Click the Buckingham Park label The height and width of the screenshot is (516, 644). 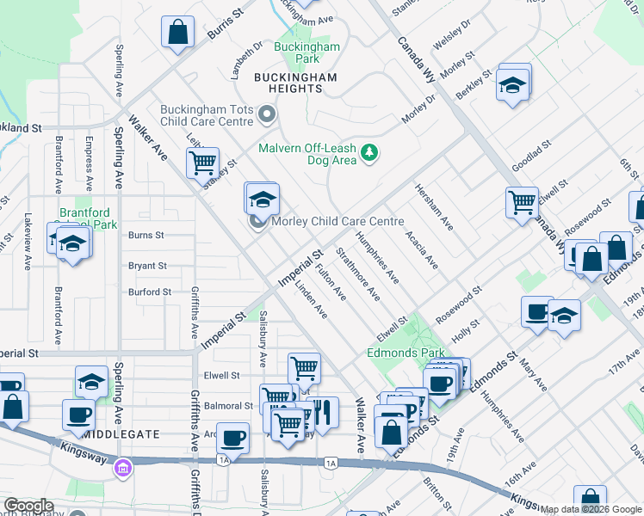[296, 52]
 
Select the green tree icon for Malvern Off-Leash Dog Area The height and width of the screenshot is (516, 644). [369, 152]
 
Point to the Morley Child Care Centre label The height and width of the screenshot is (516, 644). [337, 221]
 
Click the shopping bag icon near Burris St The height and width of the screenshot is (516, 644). [177, 34]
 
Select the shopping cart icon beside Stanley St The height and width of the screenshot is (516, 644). [203, 162]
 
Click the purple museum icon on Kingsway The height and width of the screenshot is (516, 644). [123, 468]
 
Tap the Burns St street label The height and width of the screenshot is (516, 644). [146, 235]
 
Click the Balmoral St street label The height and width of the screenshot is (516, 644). [228, 406]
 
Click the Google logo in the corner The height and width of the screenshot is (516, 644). [28, 505]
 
